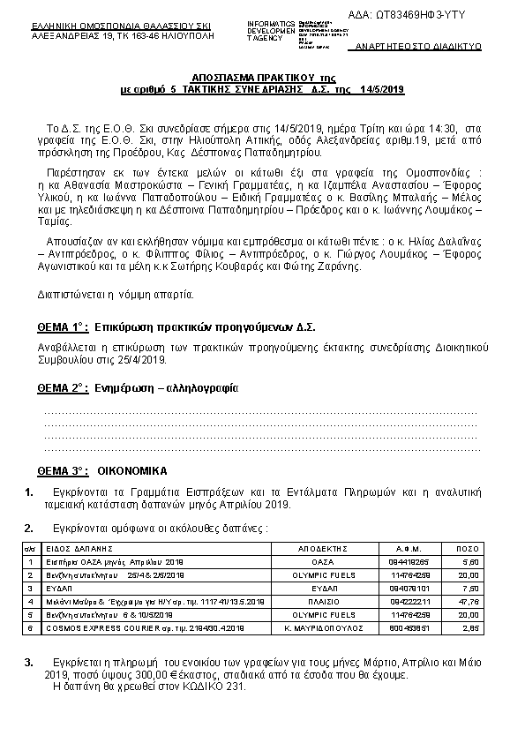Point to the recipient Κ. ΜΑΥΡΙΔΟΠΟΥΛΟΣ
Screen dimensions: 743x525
tap(325, 627)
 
